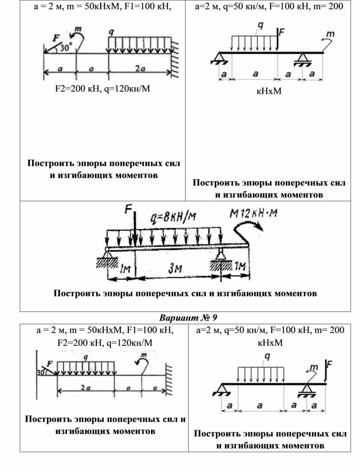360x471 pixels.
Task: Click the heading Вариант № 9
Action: coord(188,318)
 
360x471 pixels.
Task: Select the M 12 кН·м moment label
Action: coord(256,214)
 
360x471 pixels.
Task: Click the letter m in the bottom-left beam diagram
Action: coord(143,354)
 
